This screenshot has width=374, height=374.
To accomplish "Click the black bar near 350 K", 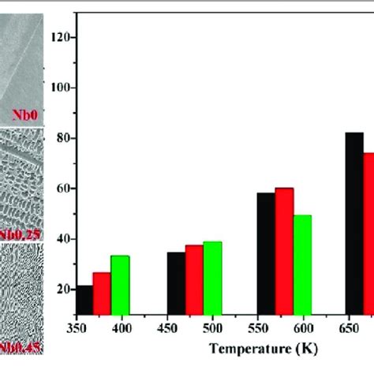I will [x=84, y=299].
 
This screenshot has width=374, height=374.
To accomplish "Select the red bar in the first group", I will [x=102, y=293].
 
